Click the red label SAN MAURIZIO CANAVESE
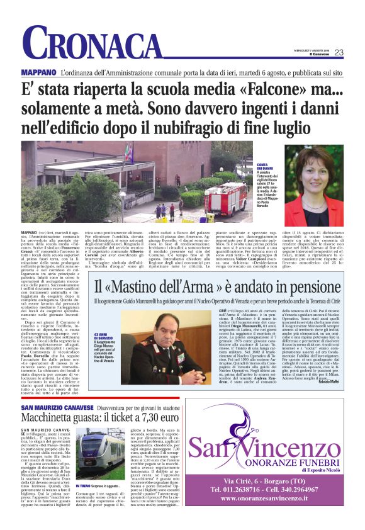tap(60, 391)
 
